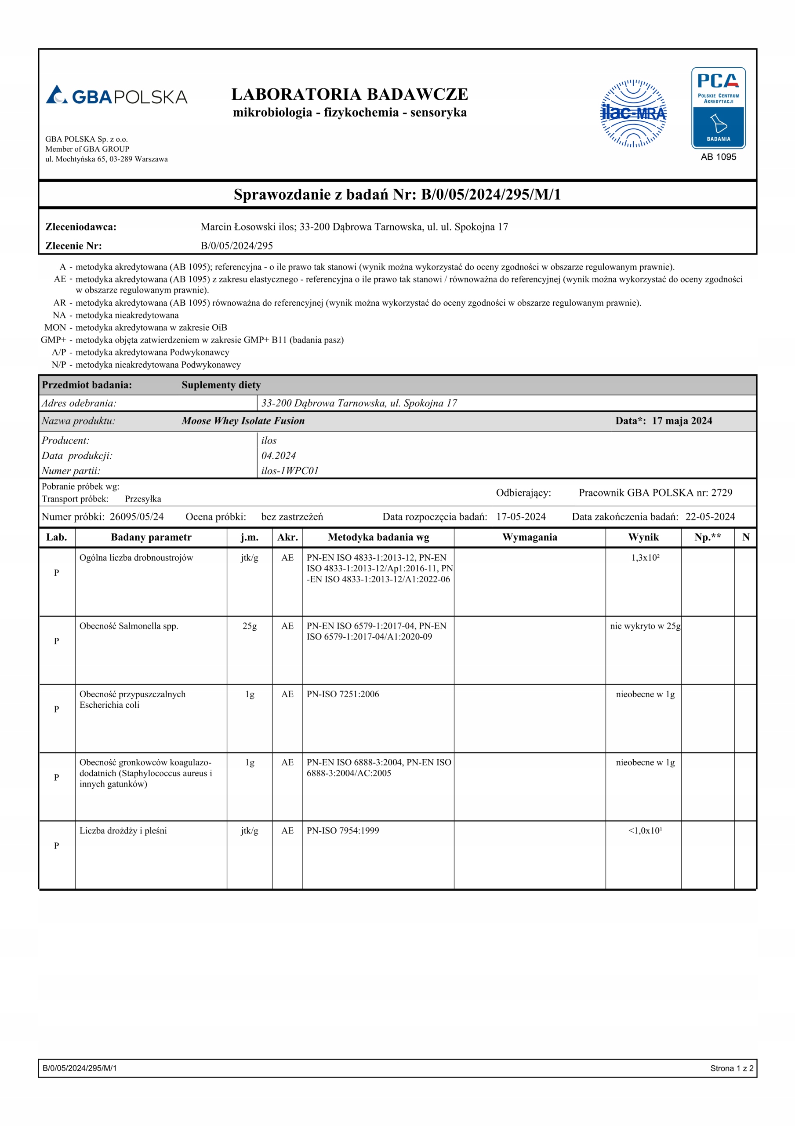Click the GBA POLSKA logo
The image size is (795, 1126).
click(x=116, y=95)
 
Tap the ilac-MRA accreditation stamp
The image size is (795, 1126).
click(x=633, y=113)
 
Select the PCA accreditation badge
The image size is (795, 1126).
click(x=718, y=108)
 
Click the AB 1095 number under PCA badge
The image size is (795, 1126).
click(x=718, y=157)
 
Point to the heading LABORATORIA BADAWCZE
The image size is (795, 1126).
click(x=349, y=94)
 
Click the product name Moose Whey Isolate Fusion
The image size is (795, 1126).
click(x=243, y=421)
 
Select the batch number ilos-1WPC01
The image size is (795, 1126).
click(x=290, y=471)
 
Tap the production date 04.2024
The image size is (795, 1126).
click(x=278, y=456)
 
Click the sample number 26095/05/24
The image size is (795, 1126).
click(x=137, y=516)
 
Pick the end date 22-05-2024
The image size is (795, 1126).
click(x=710, y=516)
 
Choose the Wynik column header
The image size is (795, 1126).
click(x=643, y=537)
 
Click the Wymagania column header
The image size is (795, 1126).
click(x=530, y=537)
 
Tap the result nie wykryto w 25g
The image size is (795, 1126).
click(x=645, y=626)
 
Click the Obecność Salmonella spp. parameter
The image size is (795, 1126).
click(x=129, y=626)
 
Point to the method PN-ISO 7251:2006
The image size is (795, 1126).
click(x=343, y=695)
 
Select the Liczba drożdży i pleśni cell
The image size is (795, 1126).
click(x=123, y=831)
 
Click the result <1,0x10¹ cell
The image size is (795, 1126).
click(x=645, y=831)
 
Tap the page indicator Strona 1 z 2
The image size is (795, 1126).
click(x=731, y=1068)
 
